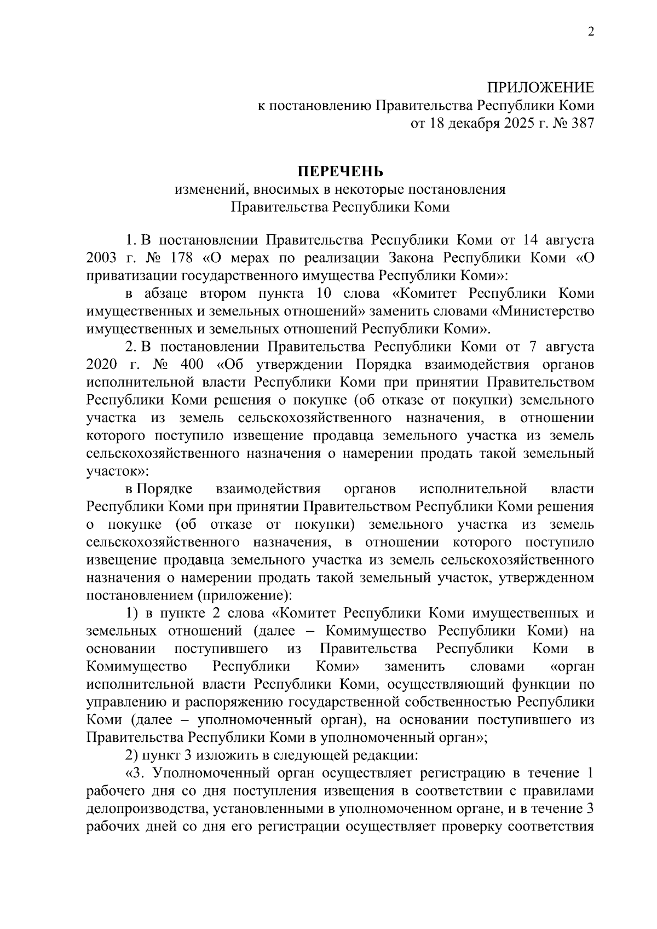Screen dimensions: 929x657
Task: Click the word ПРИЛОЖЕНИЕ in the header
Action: click(541, 88)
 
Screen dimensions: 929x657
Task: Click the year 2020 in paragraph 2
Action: click(102, 365)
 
